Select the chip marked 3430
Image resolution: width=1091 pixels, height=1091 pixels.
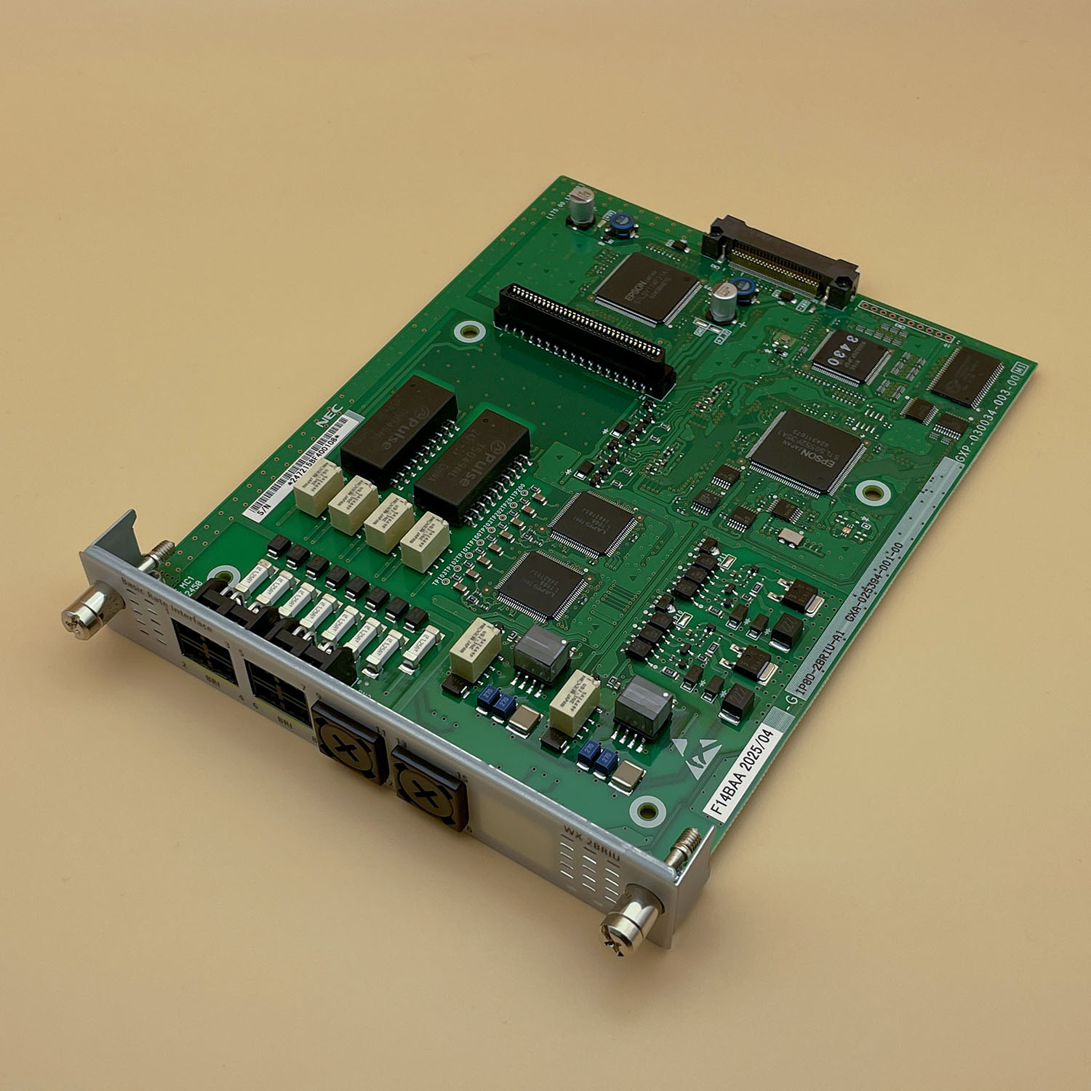click(850, 356)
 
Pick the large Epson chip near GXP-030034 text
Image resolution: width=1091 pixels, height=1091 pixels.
click(806, 452)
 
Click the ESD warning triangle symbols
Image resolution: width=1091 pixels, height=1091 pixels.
click(695, 756)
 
